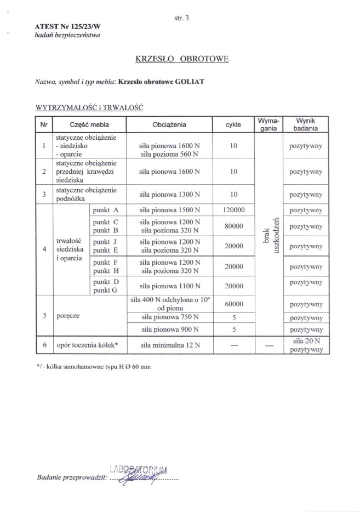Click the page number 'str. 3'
[x=180, y=17]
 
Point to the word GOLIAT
[x=190, y=82]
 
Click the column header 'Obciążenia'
[x=169, y=124]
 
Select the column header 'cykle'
[x=233, y=124]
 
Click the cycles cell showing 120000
[x=233, y=210]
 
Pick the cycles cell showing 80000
[x=233, y=226]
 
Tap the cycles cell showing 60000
[x=233, y=304]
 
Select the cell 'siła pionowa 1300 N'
[x=169, y=195]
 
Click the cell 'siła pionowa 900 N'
[x=169, y=329]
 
